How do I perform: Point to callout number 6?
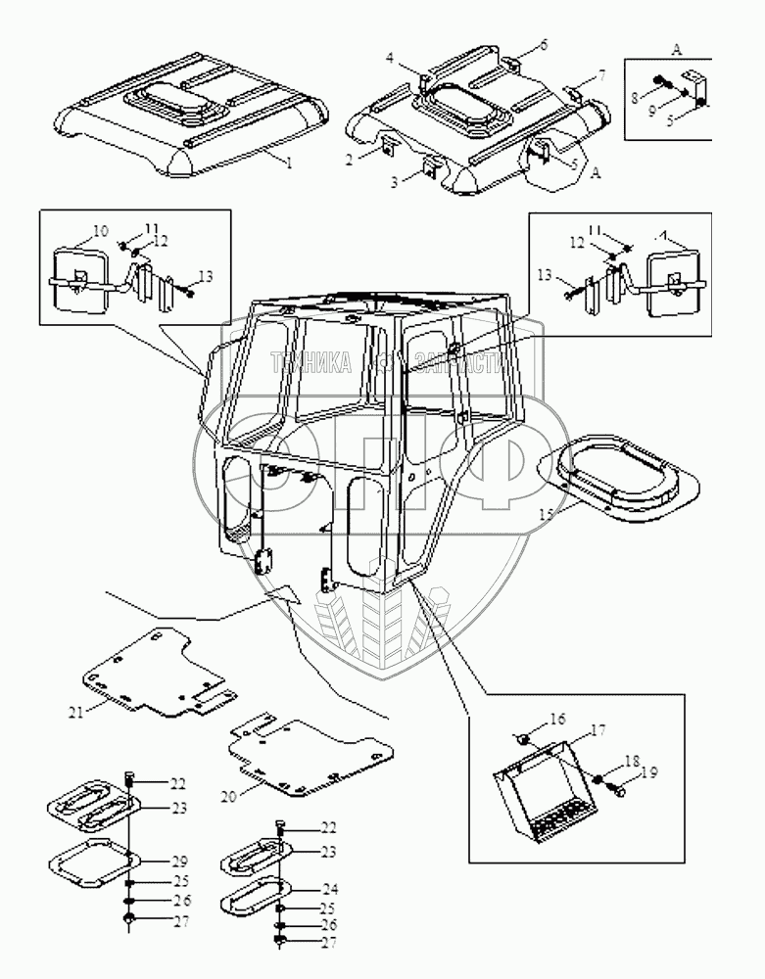tap(544, 47)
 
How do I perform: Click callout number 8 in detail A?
tap(635, 97)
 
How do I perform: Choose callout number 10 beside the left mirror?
tap(101, 232)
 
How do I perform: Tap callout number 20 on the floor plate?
tap(227, 797)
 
